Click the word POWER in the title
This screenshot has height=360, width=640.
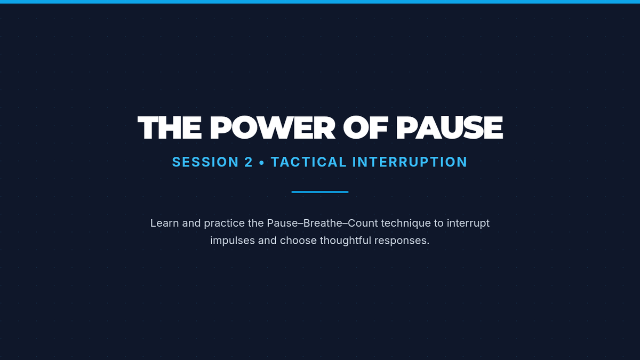tap(273, 127)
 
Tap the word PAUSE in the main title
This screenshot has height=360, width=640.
tap(450, 127)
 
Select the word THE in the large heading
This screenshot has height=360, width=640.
tap(170, 127)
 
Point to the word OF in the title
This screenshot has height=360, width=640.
tap(365, 127)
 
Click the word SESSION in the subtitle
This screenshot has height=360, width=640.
tap(205, 162)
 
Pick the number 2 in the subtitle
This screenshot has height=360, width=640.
tap(249, 162)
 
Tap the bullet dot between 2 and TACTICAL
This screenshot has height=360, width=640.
tap(262, 163)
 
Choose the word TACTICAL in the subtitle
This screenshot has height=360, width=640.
tap(309, 162)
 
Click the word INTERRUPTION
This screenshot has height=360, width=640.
tap(410, 162)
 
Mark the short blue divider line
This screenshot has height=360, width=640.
tap(320, 192)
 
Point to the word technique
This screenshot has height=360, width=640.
tap(406, 223)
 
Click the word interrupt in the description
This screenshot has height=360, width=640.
tap(468, 223)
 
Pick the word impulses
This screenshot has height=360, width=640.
tap(233, 241)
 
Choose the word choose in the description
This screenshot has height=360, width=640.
tap(298, 241)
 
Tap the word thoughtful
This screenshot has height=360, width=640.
tap(346, 241)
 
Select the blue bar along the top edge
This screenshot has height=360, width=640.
tap(320, 2)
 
